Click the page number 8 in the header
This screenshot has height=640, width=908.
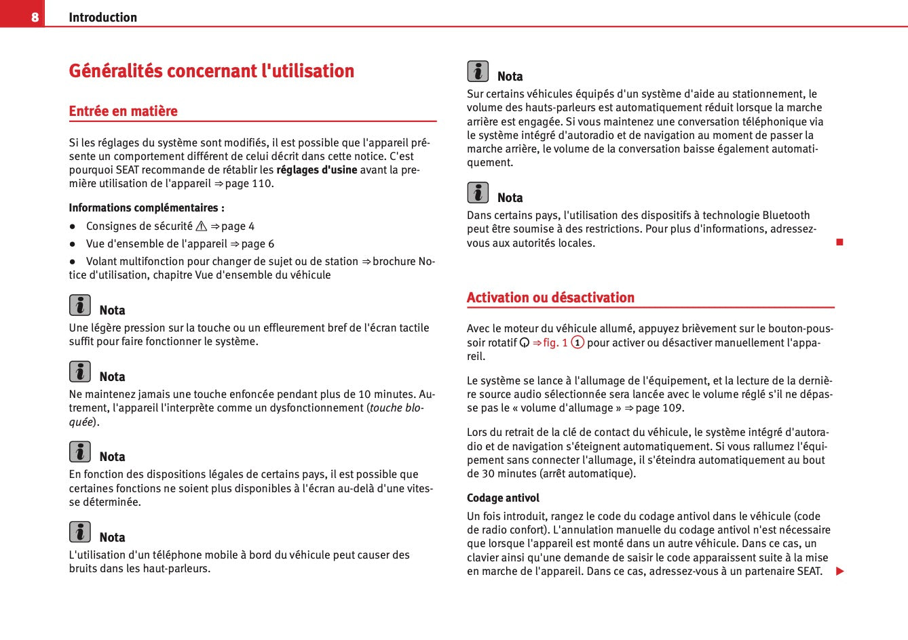pyautogui.click(x=35, y=17)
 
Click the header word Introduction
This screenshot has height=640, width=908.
pyautogui.click(x=102, y=18)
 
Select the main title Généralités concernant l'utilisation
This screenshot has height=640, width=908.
pyautogui.click(x=211, y=71)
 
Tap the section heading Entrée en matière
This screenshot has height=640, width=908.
pyautogui.click(x=123, y=111)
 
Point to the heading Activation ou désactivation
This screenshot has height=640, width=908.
pyautogui.click(x=550, y=298)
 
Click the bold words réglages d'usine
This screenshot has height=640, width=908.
pyautogui.click(x=316, y=169)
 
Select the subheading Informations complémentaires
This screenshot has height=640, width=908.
pyautogui.click(x=146, y=208)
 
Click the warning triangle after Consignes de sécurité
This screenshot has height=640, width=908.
pyautogui.click(x=202, y=226)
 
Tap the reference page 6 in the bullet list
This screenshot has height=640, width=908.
pyautogui.click(x=258, y=244)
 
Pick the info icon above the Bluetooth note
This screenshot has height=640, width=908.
pyautogui.click(x=478, y=193)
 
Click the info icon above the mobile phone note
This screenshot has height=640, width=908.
pyautogui.click(x=79, y=532)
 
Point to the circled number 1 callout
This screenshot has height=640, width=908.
pyautogui.click(x=578, y=342)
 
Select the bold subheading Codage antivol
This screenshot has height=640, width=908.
pyautogui.click(x=503, y=498)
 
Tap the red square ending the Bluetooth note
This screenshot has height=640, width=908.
pyautogui.click(x=839, y=242)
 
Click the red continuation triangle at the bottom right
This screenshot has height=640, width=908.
pyautogui.click(x=839, y=572)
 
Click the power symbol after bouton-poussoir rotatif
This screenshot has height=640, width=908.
pyautogui.click(x=525, y=343)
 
